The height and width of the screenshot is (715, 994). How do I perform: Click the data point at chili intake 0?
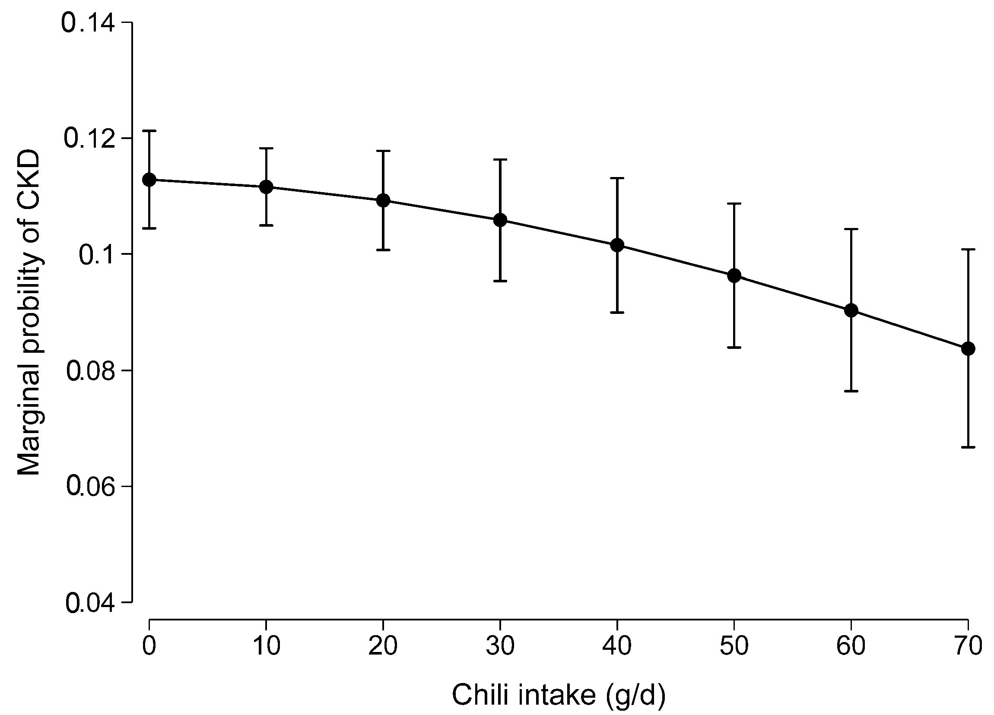coord(149,180)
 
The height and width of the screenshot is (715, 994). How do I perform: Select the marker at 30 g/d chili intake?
coord(500,220)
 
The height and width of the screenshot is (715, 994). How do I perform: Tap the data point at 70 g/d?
coord(968,349)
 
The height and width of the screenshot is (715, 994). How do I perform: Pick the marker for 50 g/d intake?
coord(734,275)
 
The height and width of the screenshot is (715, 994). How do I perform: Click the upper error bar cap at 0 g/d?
coord(149,130)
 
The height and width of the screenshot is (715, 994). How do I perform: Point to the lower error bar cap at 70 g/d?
coord(968,447)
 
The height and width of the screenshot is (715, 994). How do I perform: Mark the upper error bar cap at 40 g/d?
coord(617,178)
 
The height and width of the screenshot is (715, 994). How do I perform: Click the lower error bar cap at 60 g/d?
coord(851,391)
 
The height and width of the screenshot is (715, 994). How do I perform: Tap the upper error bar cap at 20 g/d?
coord(384,151)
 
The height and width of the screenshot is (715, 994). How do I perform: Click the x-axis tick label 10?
coord(267,646)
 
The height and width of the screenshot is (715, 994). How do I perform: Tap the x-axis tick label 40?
coord(617,646)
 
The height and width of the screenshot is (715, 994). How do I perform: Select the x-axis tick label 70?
coord(968,646)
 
